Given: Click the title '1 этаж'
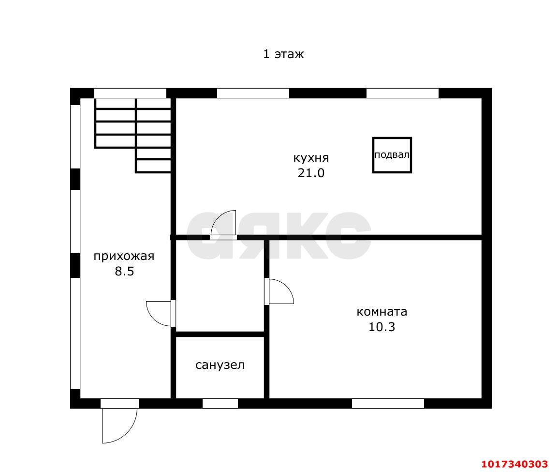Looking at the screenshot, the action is point(283,54).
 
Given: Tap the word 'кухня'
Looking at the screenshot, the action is point(311,158).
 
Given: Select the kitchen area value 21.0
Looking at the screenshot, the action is point(311,173).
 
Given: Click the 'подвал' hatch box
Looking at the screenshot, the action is point(392,155).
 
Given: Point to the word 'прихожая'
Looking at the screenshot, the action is point(124,256).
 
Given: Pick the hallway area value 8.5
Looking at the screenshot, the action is point(124,272).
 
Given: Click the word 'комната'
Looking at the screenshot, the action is point(382,312).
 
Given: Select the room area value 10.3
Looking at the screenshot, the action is point(382,327).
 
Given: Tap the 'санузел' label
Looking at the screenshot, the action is point(220,365).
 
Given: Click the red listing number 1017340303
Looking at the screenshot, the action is point(514,464).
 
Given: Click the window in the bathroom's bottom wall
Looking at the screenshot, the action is point(220,404).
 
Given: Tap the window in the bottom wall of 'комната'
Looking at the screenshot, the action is point(388,404).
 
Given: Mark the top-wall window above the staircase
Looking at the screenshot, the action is point(130,93).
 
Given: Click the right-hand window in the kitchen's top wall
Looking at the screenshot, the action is point(402,93).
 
